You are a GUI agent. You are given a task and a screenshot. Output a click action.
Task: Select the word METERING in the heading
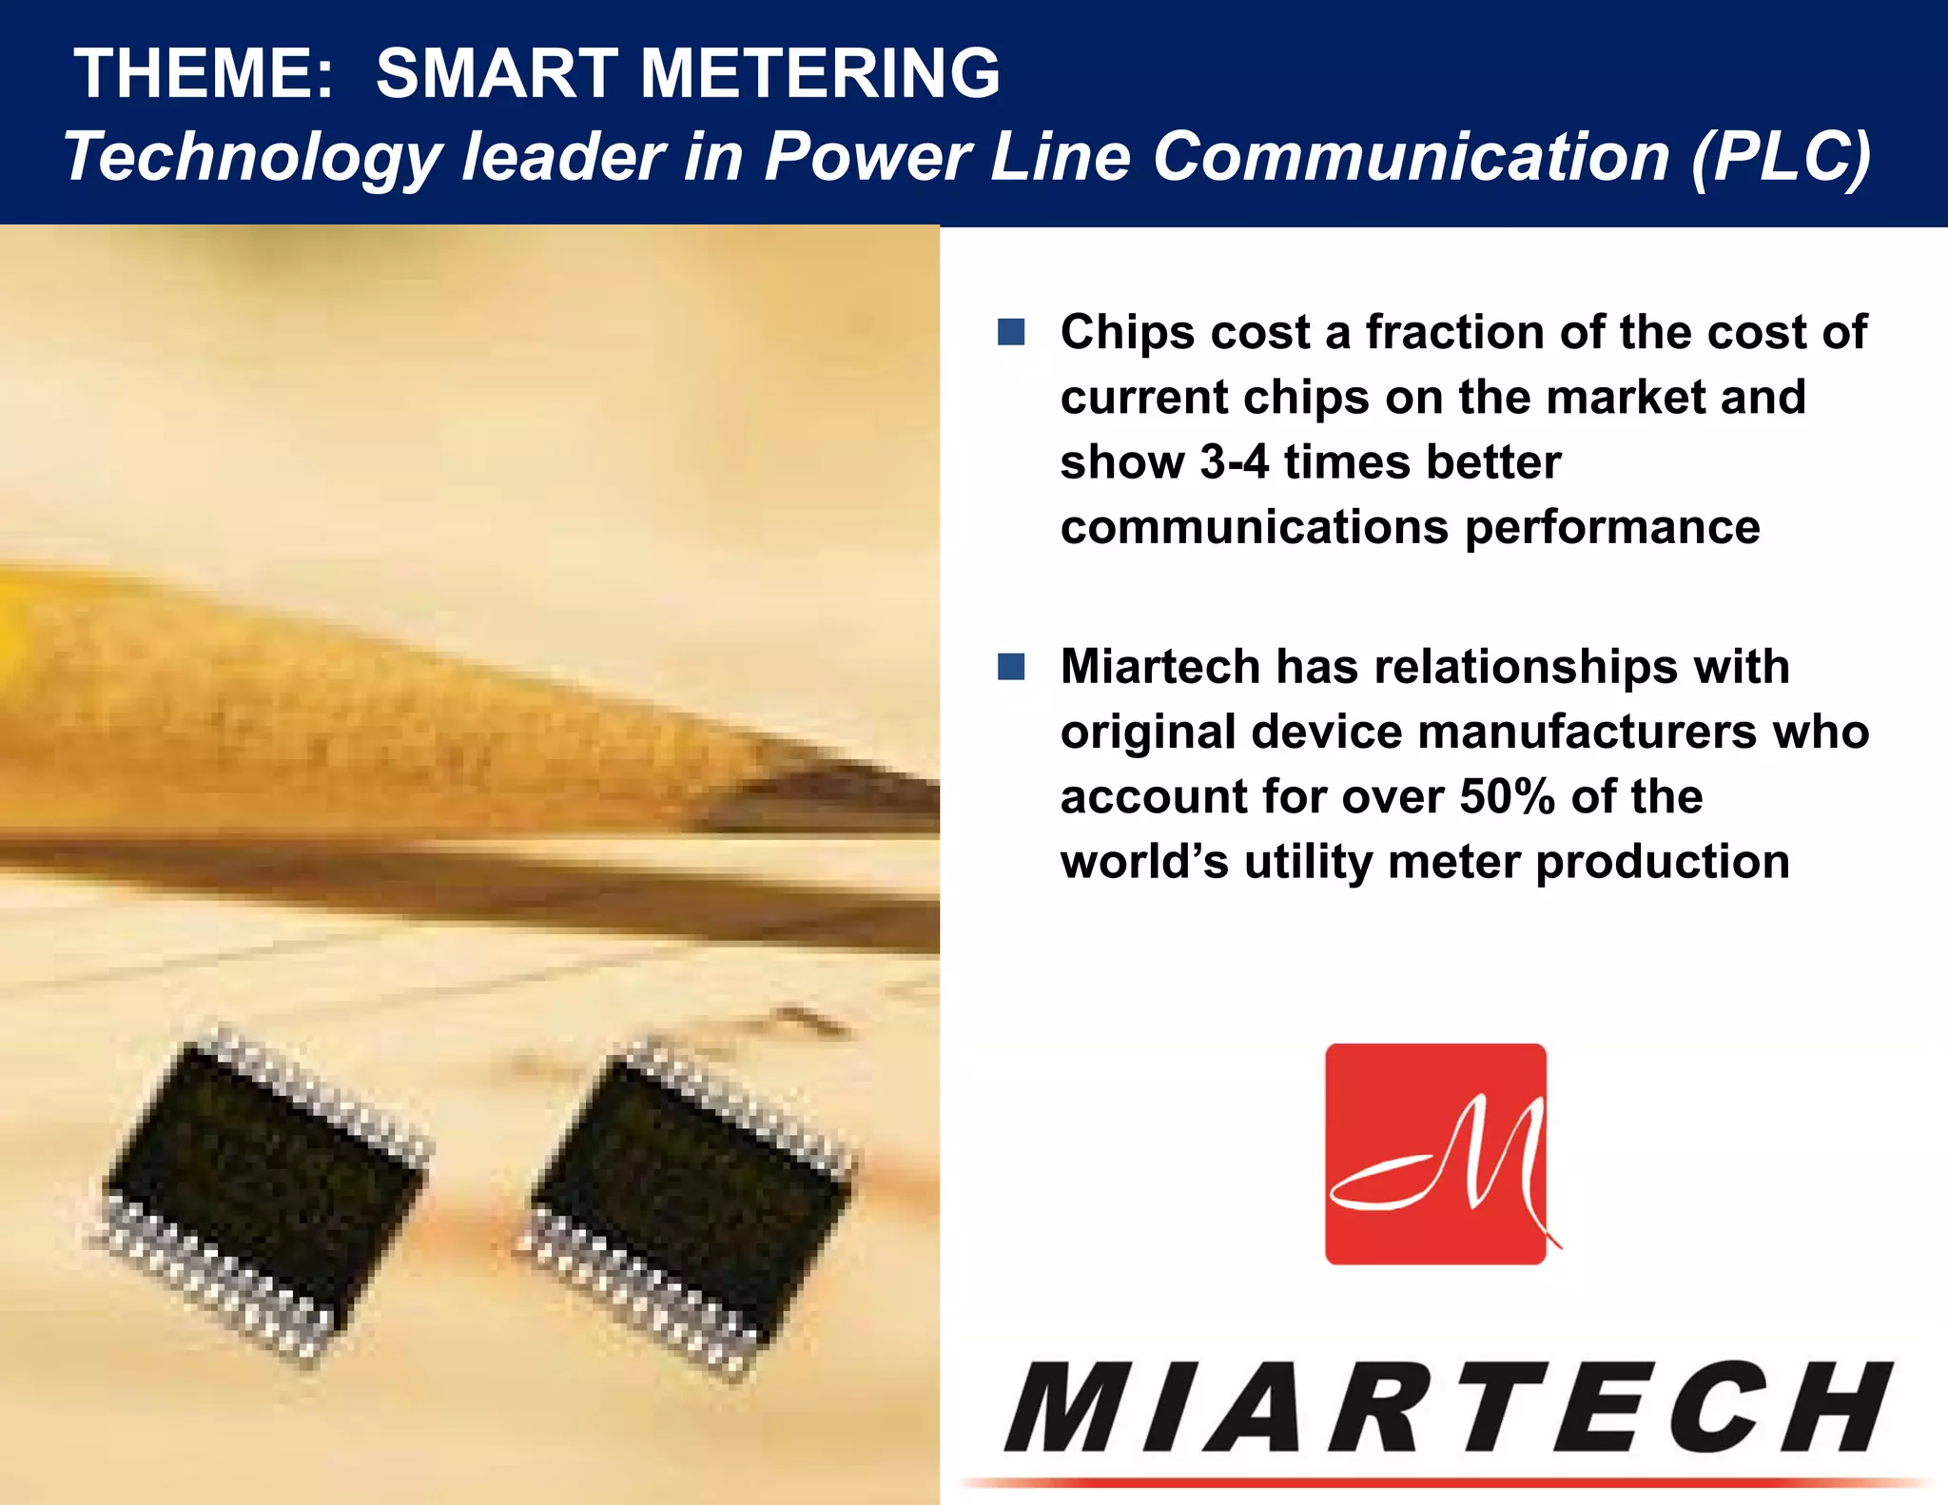click(x=820, y=73)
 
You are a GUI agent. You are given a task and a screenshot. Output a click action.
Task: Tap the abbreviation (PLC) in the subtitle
click(x=1781, y=156)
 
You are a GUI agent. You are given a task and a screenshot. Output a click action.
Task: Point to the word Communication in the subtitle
click(x=1412, y=156)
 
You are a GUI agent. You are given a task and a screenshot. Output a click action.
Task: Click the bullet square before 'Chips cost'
click(x=1011, y=332)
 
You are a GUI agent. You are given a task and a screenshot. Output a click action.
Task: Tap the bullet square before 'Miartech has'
click(x=1011, y=666)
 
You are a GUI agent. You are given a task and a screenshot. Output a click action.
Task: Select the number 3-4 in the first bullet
click(x=1235, y=462)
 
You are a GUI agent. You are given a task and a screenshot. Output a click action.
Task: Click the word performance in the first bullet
click(x=1612, y=528)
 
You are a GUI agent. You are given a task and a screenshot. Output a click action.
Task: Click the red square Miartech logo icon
click(x=1435, y=1154)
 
